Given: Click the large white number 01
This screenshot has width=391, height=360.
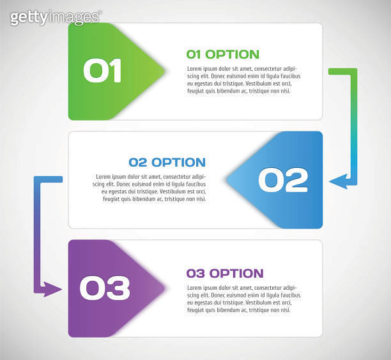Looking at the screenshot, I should coord(102,71).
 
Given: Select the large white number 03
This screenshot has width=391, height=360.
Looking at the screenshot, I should coord(105,288).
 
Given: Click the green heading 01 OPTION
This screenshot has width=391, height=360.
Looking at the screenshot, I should coord(222,54).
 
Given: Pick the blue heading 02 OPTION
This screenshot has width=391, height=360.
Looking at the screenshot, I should coord(167,162).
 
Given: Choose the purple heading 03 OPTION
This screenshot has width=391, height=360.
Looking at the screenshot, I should coord(224,273).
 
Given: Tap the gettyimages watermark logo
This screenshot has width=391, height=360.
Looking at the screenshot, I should coord(56,17).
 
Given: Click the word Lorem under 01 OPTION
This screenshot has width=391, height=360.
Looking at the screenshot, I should coord(195,69).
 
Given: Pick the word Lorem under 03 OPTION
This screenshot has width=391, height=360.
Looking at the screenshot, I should coord(195,288).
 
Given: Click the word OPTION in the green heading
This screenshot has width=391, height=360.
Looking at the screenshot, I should coord(233,54).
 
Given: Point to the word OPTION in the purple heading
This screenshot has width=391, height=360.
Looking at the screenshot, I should coord(236,273).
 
